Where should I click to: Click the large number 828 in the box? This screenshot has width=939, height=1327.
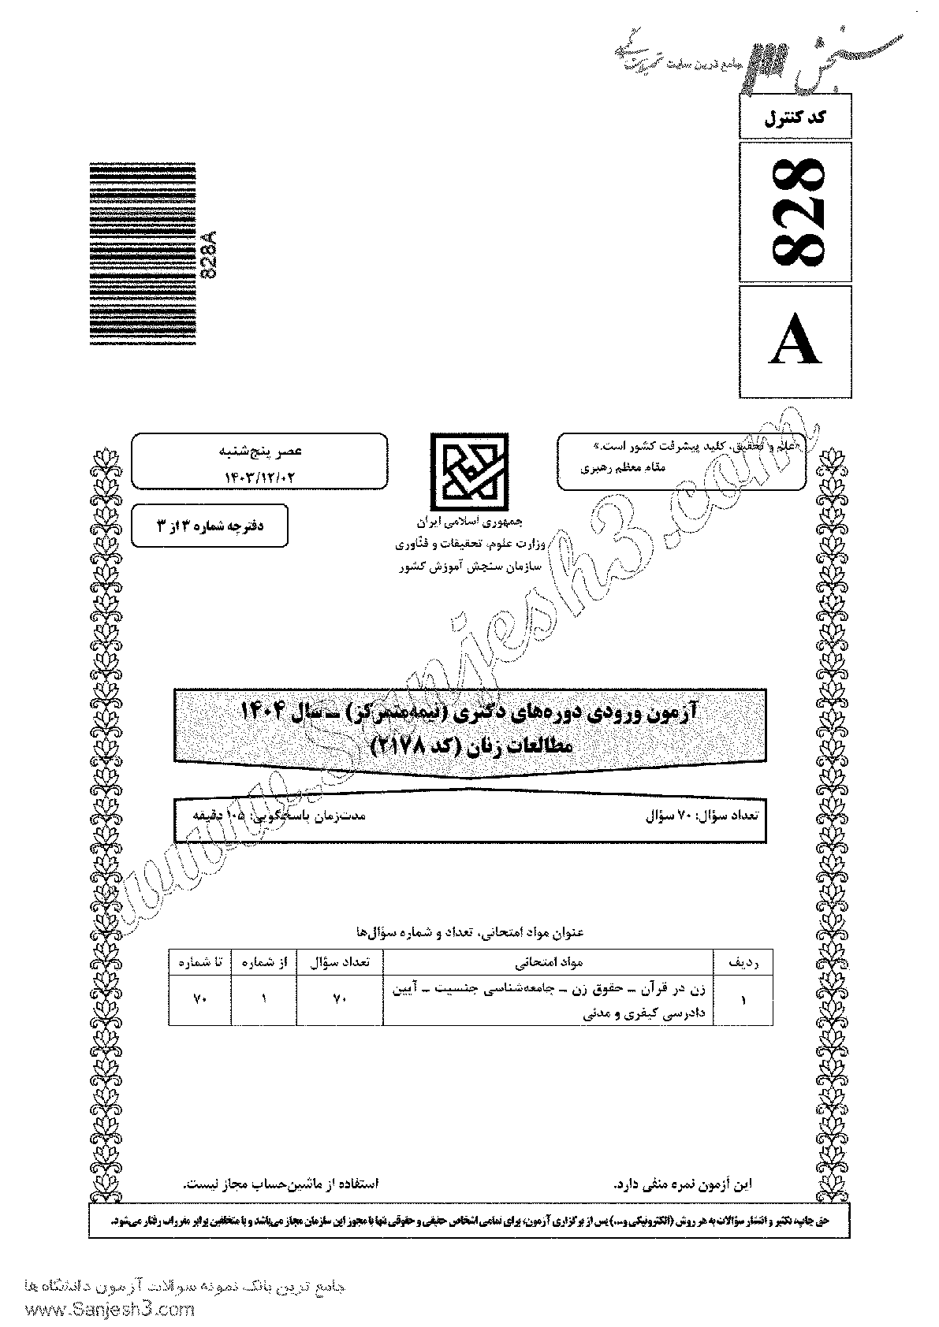pos(796,212)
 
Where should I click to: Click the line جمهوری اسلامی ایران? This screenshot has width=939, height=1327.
pos(470,522)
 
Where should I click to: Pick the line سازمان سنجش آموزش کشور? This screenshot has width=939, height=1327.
pos(469,567)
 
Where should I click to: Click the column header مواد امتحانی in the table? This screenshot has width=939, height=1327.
pos(548,962)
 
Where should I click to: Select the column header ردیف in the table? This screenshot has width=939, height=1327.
pos(742,962)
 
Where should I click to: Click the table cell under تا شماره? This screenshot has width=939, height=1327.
pos(199,999)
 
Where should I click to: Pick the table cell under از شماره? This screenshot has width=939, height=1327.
pos(264,999)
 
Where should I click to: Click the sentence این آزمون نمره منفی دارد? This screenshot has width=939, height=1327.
pos(683,1206)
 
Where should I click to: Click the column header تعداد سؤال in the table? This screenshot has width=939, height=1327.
pos(340,962)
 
